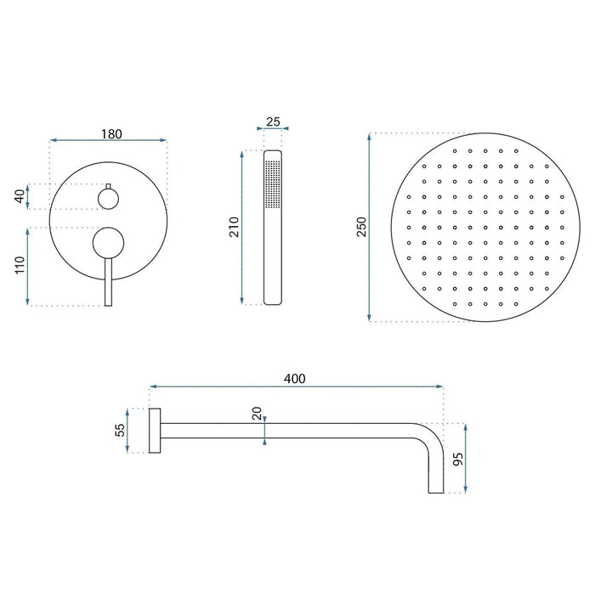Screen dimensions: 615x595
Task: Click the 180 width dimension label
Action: tap(111, 133)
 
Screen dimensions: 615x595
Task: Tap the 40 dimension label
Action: tap(18, 195)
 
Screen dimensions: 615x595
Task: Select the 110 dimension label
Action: tap(18, 267)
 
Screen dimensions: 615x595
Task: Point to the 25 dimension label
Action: tap(273, 121)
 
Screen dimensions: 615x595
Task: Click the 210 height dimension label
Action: tap(233, 227)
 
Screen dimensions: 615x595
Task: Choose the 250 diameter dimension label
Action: tap(360, 227)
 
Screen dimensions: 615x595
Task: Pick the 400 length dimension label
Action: tap(295, 378)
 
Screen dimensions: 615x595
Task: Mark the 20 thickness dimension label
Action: tap(257, 415)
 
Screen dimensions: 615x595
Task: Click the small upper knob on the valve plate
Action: tap(108, 199)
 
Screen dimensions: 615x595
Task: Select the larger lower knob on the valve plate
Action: tap(108, 243)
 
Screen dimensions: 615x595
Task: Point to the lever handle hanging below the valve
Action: tap(108, 285)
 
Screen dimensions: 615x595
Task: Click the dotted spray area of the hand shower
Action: tap(273, 181)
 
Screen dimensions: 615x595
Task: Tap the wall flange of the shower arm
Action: tap(155, 430)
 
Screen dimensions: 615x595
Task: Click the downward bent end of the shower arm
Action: tap(433, 467)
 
